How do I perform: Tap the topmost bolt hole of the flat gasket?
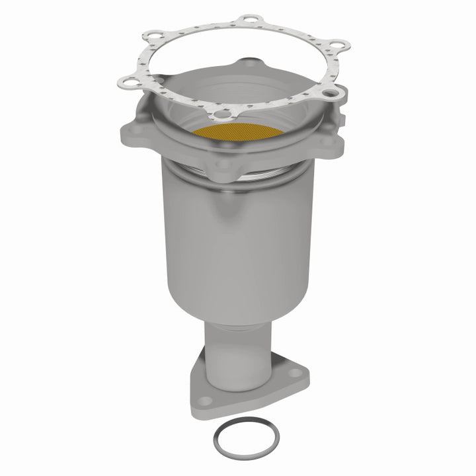tap(249, 20)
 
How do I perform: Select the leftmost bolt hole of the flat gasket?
tap(125, 83)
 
